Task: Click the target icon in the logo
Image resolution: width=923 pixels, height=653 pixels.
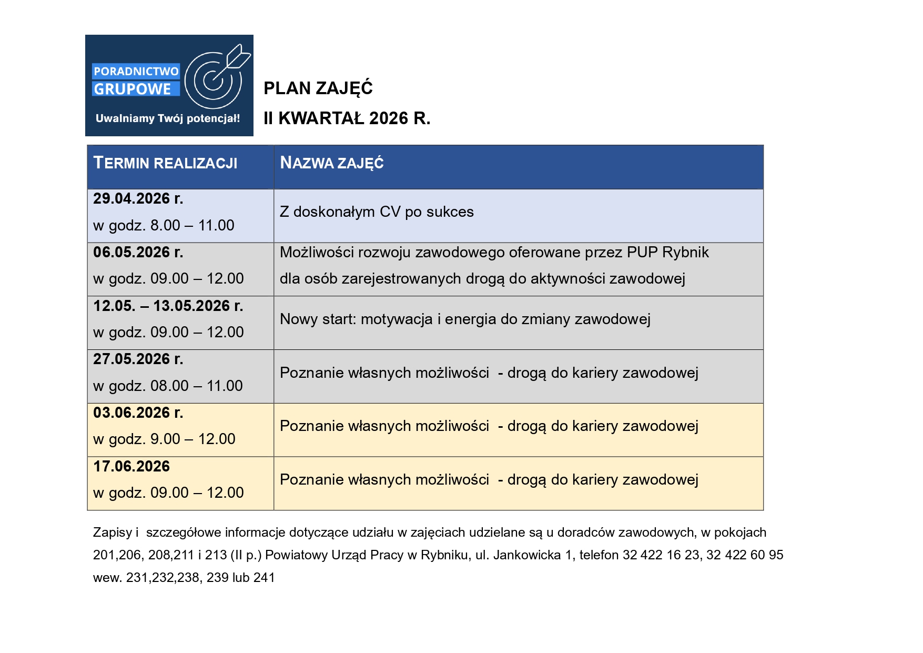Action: click(213, 79)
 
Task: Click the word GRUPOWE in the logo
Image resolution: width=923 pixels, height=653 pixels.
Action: click(133, 89)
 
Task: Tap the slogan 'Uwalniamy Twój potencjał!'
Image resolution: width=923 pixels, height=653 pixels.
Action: click(168, 118)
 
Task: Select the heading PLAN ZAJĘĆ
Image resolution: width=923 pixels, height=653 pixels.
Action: click(318, 88)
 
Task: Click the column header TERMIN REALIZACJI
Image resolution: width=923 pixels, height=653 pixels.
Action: click(165, 163)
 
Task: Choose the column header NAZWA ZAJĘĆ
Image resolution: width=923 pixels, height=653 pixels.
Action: click(332, 163)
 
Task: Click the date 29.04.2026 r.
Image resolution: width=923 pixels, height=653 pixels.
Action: click(138, 199)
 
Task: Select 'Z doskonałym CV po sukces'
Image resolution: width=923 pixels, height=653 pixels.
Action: click(377, 212)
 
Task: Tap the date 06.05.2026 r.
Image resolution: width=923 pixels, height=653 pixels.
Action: click(138, 253)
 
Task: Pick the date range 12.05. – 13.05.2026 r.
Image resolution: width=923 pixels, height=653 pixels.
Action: click(168, 306)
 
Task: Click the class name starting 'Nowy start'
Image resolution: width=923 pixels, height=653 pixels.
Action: click(465, 319)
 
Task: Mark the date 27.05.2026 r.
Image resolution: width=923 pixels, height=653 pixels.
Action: click(138, 359)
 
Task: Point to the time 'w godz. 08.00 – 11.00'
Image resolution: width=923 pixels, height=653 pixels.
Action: click(168, 386)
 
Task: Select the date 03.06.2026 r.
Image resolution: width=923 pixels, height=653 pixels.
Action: click(138, 413)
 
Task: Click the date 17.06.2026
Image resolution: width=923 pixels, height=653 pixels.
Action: click(131, 467)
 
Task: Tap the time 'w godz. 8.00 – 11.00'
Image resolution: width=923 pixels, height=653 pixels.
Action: click(164, 226)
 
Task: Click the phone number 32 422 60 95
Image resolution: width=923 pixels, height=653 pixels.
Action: click(745, 555)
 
